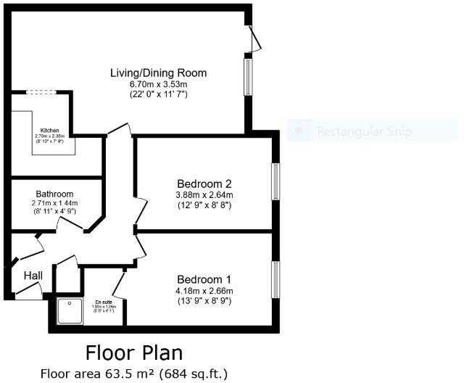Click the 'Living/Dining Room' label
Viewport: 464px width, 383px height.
(x=158, y=73)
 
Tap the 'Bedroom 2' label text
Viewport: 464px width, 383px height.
(x=204, y=184)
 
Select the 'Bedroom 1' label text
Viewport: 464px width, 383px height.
(x=204, y=279)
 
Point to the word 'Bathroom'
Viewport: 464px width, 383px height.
(x=55, y=194)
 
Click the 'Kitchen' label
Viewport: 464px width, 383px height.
(x=49, y=130)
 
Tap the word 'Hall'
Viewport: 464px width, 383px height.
(x=33, y=276)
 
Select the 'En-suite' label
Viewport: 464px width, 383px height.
(x=104, y=301)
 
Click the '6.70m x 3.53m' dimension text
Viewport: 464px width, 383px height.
(x=158, y=84)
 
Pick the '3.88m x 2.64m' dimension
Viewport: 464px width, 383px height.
(x=204, y=194)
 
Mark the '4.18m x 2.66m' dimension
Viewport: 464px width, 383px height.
(x=204, y=291)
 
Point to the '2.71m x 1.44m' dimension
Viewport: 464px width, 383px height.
(x=55, y=204)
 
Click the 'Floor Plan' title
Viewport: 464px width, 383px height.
(x=134, y=353)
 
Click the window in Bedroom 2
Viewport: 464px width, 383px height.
(x=275, y=181)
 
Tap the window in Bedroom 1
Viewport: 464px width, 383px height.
(x=275, y=279)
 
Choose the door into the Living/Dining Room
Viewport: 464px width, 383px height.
(x=118, y=131)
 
